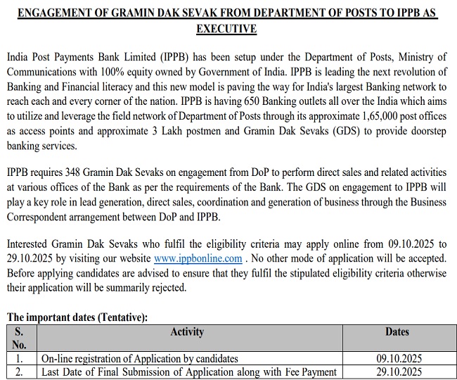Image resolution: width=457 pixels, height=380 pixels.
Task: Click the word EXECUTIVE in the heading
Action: pyautogui.click(x=227, y=29)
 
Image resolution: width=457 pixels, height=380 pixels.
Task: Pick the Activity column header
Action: pyautogui.click(x=187, y=331)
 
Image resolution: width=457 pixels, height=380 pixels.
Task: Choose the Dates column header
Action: pyautogui.click(x=397, y=331)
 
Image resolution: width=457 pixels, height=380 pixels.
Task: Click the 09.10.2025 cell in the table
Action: pyautogui.click(x=399, y=359)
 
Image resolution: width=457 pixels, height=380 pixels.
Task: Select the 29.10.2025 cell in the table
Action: pyautogui.click(x=399, y=372)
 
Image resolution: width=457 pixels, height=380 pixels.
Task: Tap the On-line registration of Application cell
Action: pyautogui.click(x=139, y=359)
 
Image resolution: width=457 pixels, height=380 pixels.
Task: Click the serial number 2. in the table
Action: pyautogui.click(x=20, y=372)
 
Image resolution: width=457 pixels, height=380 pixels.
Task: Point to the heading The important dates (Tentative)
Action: pyautogui.click(x=77, y=317)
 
